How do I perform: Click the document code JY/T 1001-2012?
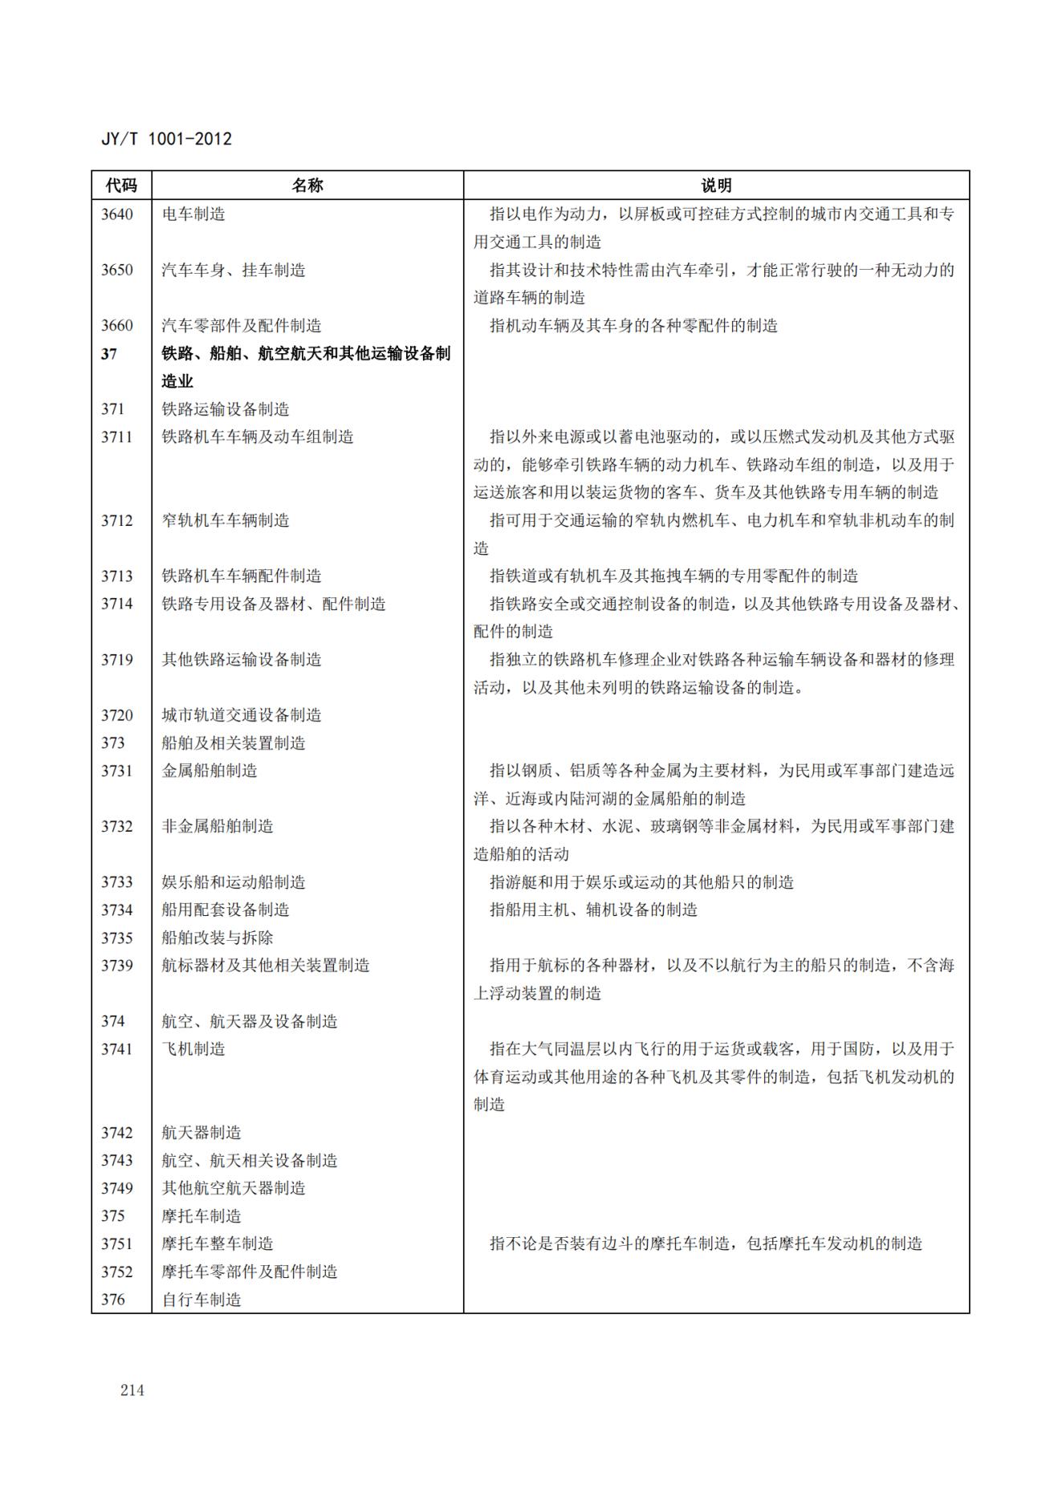click(x=166, y=139)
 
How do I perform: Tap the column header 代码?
click(x=121, y=185)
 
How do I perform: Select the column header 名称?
click(x=307, y=185)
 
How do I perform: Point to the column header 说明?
click(x=716, y=185)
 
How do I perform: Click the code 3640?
click(x=117, y=214)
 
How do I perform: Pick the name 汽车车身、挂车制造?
click(x=234, y=270)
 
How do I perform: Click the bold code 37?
click(x=109, y=353)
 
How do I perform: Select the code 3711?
click(x=117, y=437)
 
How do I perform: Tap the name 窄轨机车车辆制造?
click(x=226, y=520)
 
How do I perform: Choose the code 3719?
click(x=117, y=660)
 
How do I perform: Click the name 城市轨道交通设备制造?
click(x=242, y=715)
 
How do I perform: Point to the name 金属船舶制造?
click(x=210, y=771)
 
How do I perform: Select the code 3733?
click(x=117, y=882)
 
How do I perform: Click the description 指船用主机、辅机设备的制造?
click(x=593, y=910)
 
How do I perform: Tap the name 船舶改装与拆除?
click(x=218, y=938)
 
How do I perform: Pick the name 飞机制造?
click(x=193, y=1049)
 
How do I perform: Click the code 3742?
click(x=117, y=1133)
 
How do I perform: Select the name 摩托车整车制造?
click(x=218, y=1244)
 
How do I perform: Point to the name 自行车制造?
click(x=201, y=1300)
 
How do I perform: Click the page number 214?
click(x=132, y=1390)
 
